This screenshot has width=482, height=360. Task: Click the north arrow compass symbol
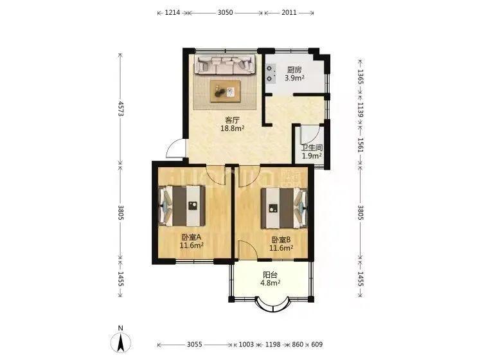tap(121, 342)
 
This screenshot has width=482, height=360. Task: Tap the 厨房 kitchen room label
tap(294, 70)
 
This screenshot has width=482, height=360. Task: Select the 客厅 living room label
tap(232, 120)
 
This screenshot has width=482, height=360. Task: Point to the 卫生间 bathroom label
tap(312, 148)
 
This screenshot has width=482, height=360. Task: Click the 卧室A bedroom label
tap(192, 237)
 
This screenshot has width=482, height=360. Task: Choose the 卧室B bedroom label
tap(281, 240)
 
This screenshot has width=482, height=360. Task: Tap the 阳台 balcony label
tap(270, 275)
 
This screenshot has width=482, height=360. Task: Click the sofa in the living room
tap(225, 64)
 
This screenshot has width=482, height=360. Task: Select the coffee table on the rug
tap(226, 91)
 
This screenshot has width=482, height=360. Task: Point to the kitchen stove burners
tap(270, 73)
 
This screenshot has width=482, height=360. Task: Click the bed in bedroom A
tap(182, 206)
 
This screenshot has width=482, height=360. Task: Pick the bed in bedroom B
tap(284, 208)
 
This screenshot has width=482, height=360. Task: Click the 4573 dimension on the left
tap(120, 109)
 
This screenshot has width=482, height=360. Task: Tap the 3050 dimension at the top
tap(226, 13)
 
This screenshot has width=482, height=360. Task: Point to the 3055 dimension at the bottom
tap(195, 345)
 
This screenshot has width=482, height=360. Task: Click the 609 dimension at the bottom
tap(317, 345)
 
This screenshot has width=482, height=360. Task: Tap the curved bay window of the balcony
tap(272, 307)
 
